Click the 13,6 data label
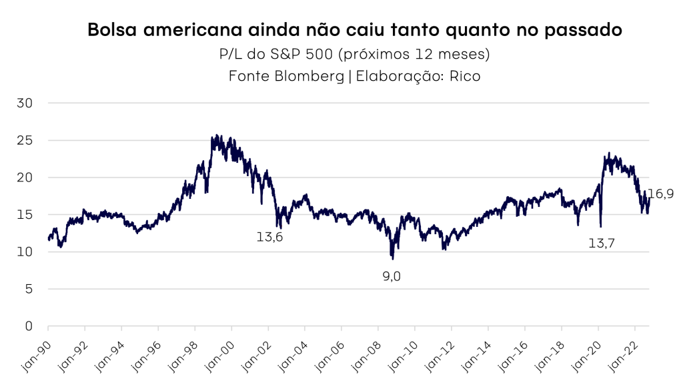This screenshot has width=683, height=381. pos(270,236)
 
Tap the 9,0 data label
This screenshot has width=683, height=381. pos(392,276)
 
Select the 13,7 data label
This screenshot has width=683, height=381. pos(602,244)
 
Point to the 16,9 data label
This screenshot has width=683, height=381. pos(660,194)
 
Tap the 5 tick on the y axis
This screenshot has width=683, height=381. pos(29,289)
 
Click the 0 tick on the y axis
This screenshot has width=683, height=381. pos(29,326)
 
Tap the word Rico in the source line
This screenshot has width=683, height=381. pos(465,76)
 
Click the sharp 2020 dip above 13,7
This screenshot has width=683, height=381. pos(601,226)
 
